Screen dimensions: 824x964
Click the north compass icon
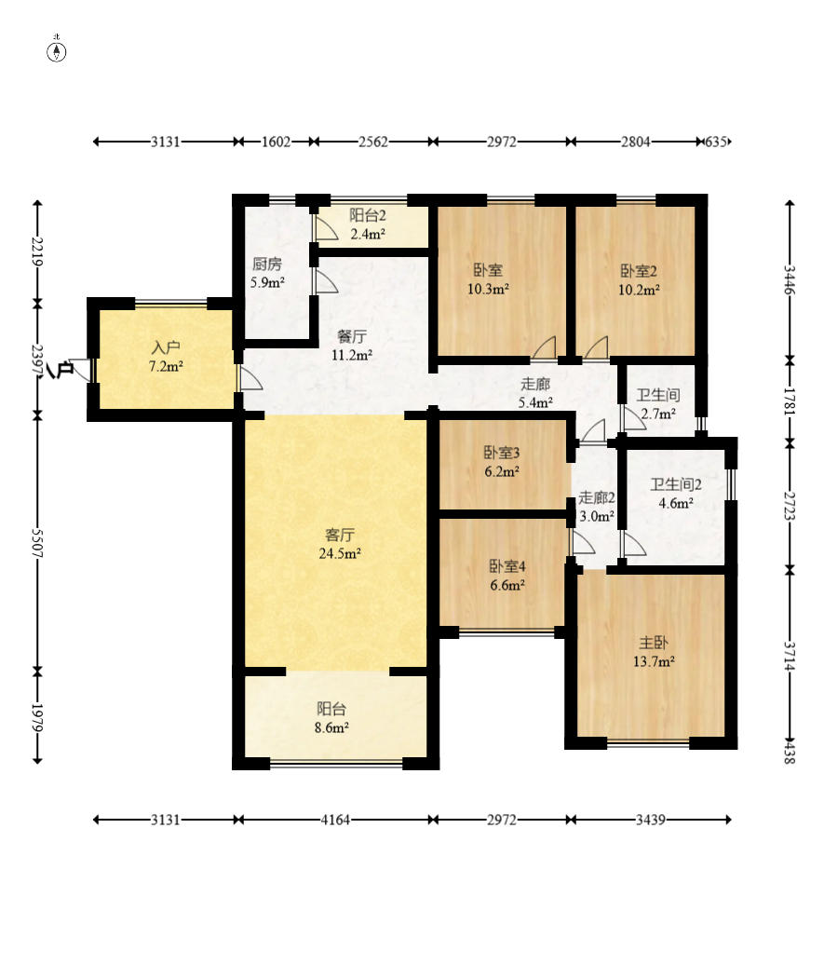point(57,51)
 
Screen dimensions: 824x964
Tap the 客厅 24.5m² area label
point(339,544)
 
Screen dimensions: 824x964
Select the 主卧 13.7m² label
point(654,652)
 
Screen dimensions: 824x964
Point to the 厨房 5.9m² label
point(267,274)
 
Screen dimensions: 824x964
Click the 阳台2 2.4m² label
point(368,224)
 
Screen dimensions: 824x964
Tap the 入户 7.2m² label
point(166,358)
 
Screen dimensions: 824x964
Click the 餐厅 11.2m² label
point(351,346)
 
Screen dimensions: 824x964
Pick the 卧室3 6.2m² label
point(502,462)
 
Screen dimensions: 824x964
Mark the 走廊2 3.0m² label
point(596,507)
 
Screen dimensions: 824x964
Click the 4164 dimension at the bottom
point(335,820)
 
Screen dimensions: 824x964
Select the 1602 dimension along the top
point(276,142)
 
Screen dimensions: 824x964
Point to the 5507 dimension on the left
point(38,544)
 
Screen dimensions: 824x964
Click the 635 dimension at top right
point(716,142)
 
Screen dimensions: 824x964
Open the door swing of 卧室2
point(596,348)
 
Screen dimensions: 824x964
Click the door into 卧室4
point(583,543)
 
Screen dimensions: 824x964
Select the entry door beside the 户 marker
point(81,372)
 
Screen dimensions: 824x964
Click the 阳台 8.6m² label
point(331,718)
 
